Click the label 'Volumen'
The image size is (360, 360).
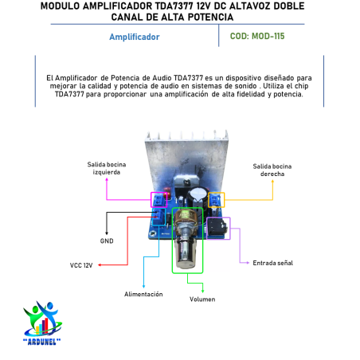tap(202, 299)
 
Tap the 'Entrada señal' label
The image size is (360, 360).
tap(272, 263)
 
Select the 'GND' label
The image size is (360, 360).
tap(107, 241)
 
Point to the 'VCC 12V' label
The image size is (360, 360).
tap(81, 265)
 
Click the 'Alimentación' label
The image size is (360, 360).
tap(143, 294)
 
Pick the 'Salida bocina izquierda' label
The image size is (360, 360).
tap(107, 168)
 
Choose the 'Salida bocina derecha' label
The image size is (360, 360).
tap(272, 170)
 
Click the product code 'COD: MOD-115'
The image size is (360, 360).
tap(257, 36)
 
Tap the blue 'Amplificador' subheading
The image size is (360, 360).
tap(135, 37)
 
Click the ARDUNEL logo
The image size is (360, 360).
tap(42, 323)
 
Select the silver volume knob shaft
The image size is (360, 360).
tap(186, 252)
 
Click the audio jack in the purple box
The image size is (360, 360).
tap(217, 228)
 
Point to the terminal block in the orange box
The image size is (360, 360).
tap(216, 200)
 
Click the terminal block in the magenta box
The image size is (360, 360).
tap(158, 199)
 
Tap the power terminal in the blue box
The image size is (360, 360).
tap(158, 217)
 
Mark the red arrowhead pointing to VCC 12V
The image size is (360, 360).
tap(100, 265)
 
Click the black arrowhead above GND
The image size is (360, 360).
tap(107, 233)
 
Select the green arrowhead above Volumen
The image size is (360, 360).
tap(202, 291)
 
